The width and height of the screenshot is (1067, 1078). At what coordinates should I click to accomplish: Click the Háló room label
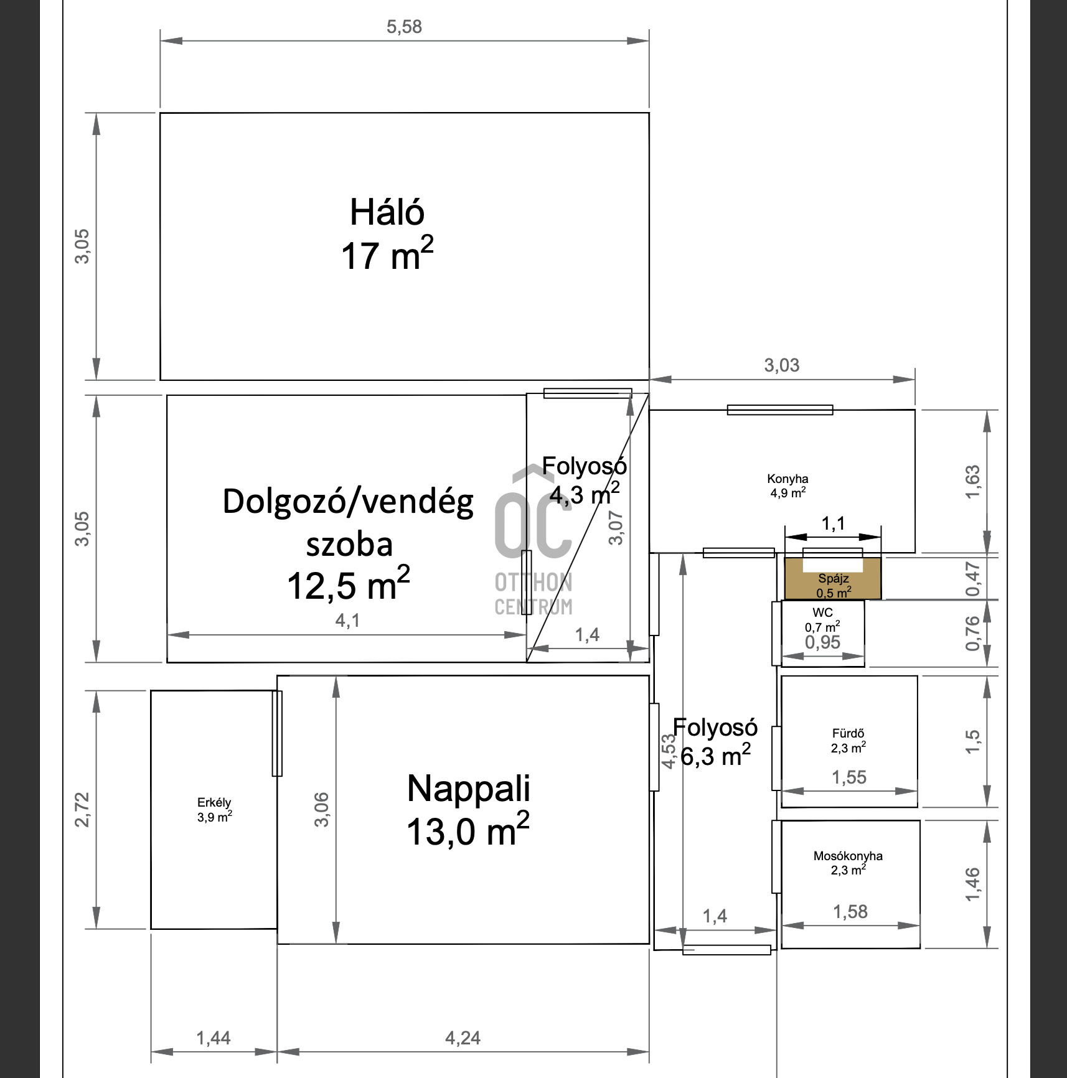(x=387, y=212)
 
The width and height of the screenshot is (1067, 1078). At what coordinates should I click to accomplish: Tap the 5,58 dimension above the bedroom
(x=404, y=27)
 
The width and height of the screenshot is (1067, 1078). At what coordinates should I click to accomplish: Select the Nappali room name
(x=468, y=788)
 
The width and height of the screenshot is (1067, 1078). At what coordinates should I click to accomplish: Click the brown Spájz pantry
(x=832, y=578)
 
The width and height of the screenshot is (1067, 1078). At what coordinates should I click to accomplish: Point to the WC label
(x=822, y=612)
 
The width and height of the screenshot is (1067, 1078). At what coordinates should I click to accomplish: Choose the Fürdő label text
(x=848, y=733)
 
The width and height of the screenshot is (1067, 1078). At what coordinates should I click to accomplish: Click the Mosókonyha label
(x=848, y=856)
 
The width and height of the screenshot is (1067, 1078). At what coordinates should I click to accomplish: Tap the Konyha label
(x=787, y=479)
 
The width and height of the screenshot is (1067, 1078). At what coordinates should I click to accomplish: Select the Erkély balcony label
(x=214, y=802)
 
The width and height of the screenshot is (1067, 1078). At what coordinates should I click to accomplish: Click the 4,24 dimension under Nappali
(x=463, y=1038)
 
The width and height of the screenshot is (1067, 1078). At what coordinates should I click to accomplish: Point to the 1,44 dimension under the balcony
(x=213, y=1038)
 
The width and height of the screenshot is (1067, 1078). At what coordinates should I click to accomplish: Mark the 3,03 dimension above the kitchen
(x=782, y=365)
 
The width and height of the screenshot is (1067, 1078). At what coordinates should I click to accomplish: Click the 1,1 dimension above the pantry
(x=833, y=523)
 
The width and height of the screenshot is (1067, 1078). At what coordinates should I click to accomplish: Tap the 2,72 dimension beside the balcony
(x=82, y=809)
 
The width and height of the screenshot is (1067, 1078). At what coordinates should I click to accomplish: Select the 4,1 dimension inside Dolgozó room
(x=347, y=620)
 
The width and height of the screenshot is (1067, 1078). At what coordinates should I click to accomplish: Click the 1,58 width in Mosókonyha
(x=850, y=912)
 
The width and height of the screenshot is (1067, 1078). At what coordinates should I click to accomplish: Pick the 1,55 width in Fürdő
(x=849, y=777)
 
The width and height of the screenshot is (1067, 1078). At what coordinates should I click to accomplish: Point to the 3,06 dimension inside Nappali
(x=321, y=809)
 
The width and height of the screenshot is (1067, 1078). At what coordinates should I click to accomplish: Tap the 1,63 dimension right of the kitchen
(x=972, y=481)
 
